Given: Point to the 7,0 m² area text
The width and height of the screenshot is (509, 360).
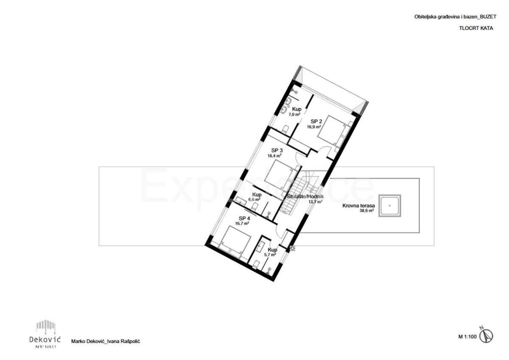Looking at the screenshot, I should click(x=295, y=114).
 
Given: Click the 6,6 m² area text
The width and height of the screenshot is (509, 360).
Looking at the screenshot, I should click(x=254, y=199).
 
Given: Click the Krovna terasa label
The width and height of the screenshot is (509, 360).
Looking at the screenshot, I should click(x=358, y=206).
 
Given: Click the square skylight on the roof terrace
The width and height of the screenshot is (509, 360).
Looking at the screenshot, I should click(x=390, y=206).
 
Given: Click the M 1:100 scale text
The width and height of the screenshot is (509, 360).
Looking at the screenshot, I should click(x=467, y=337).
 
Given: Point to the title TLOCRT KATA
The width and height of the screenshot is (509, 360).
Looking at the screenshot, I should click(x=476, y=29).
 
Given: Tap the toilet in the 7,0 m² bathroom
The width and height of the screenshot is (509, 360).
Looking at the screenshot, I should click(x=285, y=129).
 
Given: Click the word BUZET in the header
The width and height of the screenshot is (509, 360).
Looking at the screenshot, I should click(x=487, y=17).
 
